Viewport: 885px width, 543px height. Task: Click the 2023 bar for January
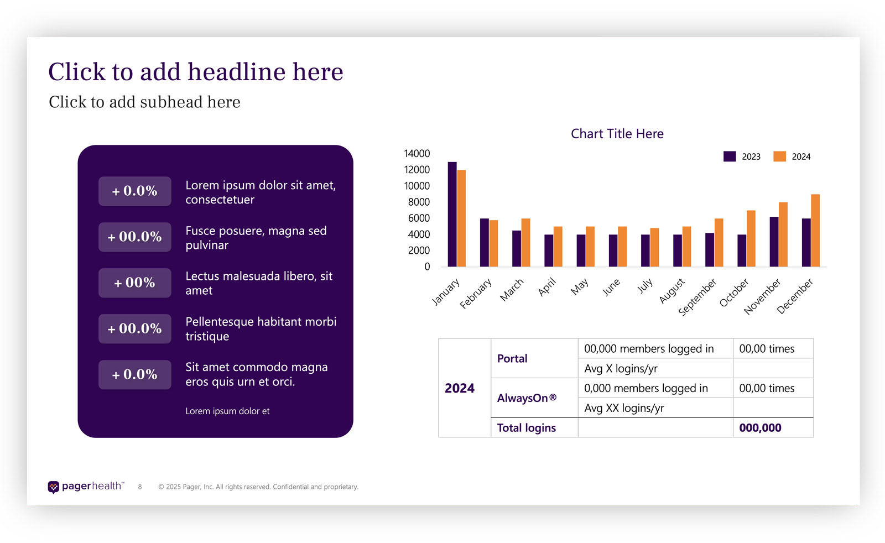pyautogui.click(x=452, y=215)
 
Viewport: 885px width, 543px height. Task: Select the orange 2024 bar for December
pyautogui.click(x=815, y=231)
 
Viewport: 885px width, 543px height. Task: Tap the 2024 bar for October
pyautogui.click(x=751, y=239)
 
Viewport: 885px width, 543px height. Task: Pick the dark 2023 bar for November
pyautogui.click(x=774, y=242)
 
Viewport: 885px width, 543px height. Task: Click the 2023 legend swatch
pyautogui.click(x=730, y=156)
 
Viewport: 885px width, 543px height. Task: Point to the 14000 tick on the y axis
pyautogui.click(x=417, y=154)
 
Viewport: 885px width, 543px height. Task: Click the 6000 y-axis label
pyautogui.click(x=419, y=218)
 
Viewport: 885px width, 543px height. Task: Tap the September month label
pyautogui.click(x=697, y=297)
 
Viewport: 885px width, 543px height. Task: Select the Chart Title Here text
pyautogui.click(x=617, y=134)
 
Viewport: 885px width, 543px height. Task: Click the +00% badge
pyautogui.click(x=134, y=283)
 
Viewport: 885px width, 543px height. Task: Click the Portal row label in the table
pyautogui.click(x=512, y=358)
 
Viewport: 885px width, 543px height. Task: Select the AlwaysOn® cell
pyautogui.click(x=527, y=398)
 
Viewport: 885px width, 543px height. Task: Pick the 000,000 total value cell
pyautogui.click(x=760, y=428)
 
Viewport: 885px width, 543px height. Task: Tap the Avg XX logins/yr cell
pyautogui.click(x=624, y=408)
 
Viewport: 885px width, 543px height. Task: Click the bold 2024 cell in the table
pyautogui.click(x=459, y=388)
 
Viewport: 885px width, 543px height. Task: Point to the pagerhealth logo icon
pyautogui.click(x=53, y=487)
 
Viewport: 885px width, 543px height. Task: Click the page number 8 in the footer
pyautogui.click(x=140, y=487)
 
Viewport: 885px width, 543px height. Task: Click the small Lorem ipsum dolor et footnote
pyautogui.click(x=227, y=411)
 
